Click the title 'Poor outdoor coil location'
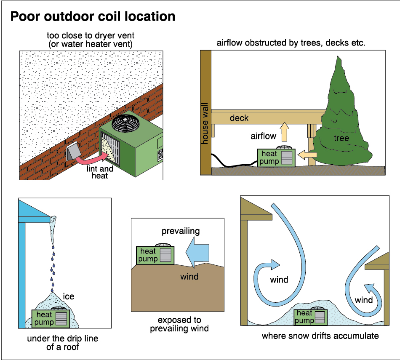click(x=93, y=16)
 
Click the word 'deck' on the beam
click(x=239, y=118)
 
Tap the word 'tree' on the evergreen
click(x=341, y=138)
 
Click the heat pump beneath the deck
click(x=275, y=157)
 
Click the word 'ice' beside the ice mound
click(x=68, y=296)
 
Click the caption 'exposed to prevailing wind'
click(x=179, y=324)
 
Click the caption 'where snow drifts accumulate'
click(x=320, y=336)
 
